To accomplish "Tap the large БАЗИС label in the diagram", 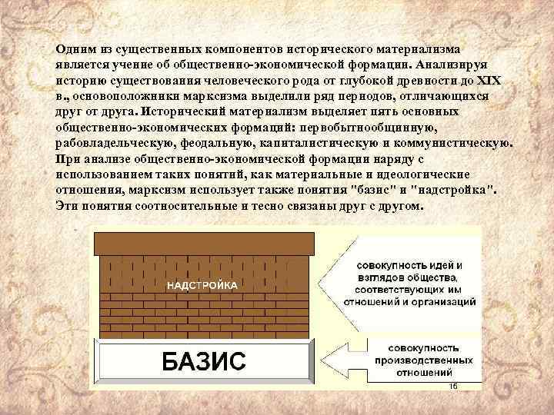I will coord(205,361).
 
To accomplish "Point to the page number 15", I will coord(452,386).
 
